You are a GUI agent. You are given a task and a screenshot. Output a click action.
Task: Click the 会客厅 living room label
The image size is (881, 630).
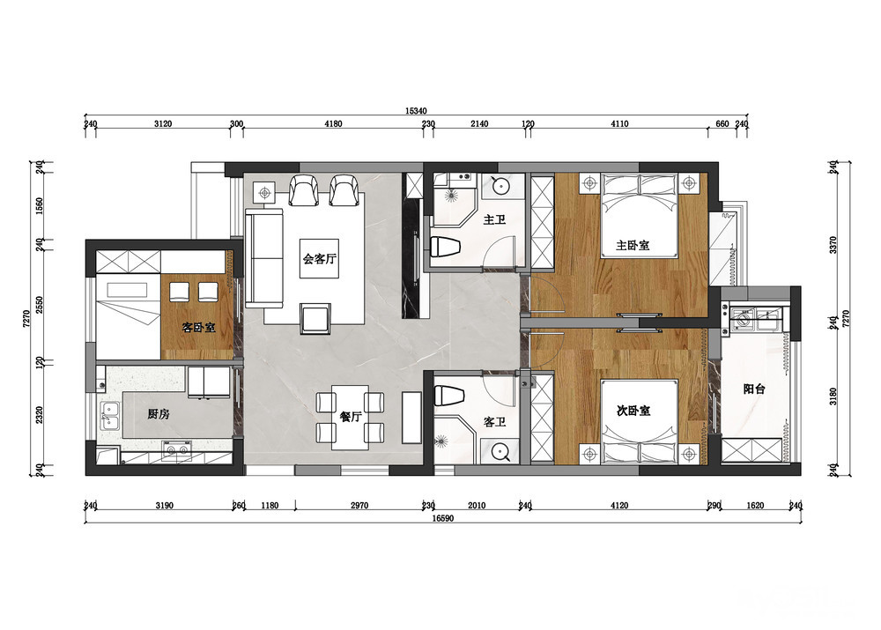[319, 259]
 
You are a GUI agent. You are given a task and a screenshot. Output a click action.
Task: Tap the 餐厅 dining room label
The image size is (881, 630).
[350, 417]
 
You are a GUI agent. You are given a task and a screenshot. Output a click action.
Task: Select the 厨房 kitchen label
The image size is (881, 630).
[158, 414]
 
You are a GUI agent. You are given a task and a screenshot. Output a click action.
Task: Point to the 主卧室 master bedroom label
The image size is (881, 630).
[633, 246]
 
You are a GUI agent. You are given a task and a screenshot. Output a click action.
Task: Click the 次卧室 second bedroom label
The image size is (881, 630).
[633, 411]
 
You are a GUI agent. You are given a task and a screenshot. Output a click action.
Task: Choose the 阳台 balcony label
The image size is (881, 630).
[753, 389]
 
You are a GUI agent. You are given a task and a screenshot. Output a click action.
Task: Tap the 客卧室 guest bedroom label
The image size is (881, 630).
[198, 327]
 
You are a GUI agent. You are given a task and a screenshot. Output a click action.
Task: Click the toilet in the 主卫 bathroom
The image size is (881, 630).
[446, 247]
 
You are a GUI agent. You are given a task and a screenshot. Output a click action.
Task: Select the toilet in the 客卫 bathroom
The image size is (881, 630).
[449, 395]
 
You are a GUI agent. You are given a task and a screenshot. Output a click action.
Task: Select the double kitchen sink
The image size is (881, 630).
[110, 417]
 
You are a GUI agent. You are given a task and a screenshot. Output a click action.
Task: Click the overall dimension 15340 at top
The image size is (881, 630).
[417, 111]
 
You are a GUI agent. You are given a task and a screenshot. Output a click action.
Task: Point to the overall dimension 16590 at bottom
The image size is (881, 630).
[443, 518]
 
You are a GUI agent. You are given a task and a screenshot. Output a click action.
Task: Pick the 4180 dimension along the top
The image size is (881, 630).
[333, 123]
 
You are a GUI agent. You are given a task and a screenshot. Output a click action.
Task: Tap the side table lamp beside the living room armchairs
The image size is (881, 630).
[264, 193]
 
